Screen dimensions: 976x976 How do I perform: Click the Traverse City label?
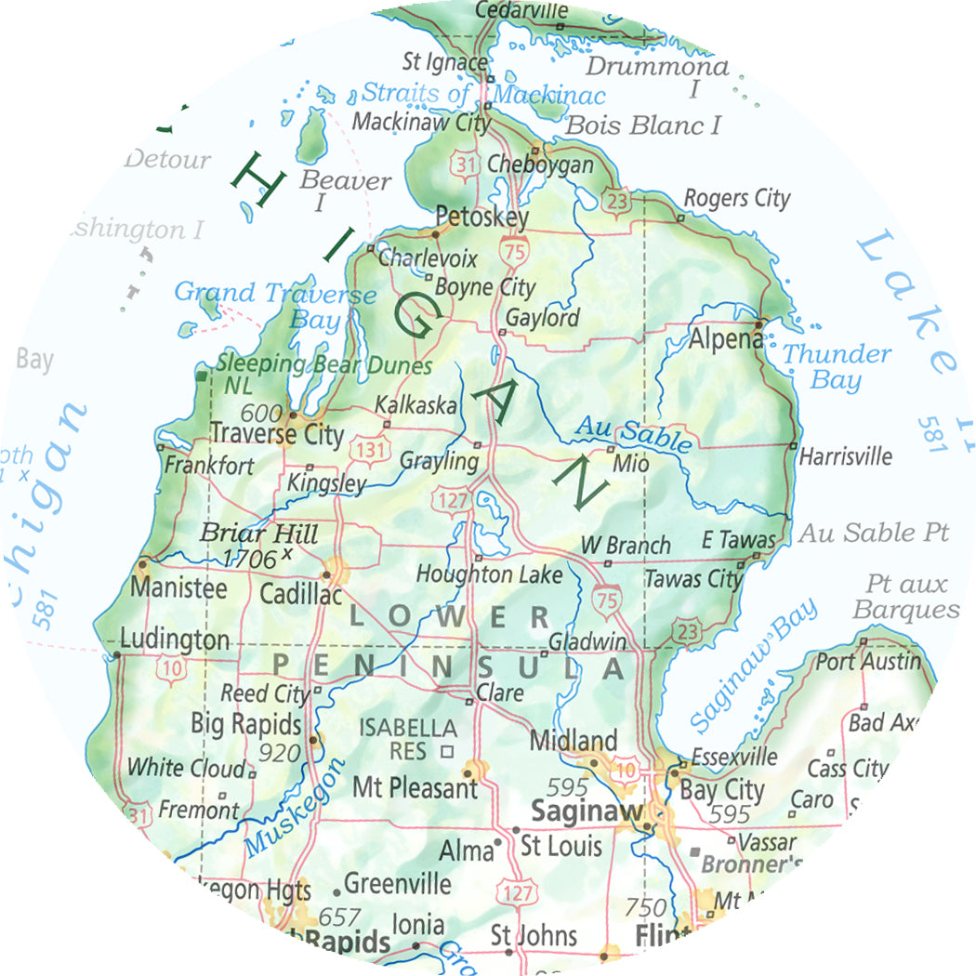277,434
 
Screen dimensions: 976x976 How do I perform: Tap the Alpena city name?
725,339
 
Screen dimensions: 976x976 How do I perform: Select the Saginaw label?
586,811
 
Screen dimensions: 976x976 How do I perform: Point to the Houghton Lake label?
489,575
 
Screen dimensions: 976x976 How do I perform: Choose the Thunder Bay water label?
836,366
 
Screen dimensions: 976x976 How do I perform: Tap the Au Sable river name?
634,433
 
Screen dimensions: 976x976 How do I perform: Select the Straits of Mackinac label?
483,94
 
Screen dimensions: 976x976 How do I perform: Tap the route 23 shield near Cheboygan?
614,200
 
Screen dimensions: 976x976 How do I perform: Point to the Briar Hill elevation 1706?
251,558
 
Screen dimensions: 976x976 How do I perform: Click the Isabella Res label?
407,738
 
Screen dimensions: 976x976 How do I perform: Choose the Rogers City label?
736,198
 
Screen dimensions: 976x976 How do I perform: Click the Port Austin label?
868,662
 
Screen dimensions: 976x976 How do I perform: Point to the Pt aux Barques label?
905,597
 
